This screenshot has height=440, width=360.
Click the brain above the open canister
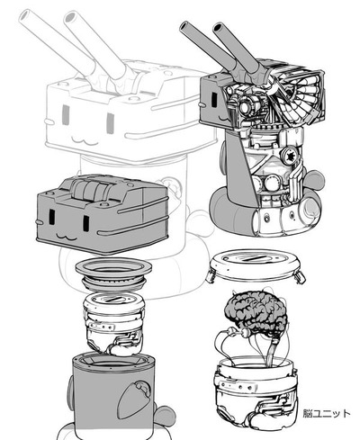pos(255,312)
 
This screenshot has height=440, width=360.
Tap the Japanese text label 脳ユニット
pos(327,413)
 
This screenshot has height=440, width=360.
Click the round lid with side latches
pos(255,266)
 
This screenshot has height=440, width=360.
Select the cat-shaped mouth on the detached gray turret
pos(67,237)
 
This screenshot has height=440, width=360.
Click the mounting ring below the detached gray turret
pos(113,274)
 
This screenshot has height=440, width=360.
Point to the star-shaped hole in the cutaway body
pos(290,156)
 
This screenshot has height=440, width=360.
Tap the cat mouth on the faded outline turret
pos(82,139)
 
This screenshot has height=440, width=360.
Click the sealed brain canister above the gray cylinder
pos(113,324)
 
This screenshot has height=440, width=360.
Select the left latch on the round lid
pos(211,277)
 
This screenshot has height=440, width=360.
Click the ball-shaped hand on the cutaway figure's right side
pos(315,181)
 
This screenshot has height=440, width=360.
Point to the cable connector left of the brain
pos(231,330)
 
